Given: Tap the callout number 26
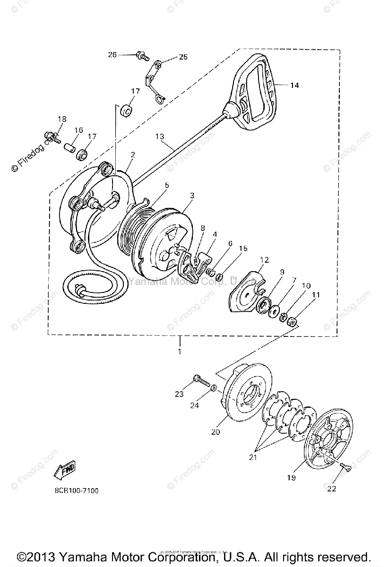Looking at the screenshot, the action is (112, 54).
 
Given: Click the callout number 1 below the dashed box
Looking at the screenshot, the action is (180, 352).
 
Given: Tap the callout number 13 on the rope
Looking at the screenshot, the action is (160, 137).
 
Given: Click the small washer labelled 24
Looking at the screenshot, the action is (214, 388).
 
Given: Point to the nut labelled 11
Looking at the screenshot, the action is (292, 322).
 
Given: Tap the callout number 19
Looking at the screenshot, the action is (291, 478).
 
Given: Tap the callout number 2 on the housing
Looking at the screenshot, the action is (133, 155).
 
